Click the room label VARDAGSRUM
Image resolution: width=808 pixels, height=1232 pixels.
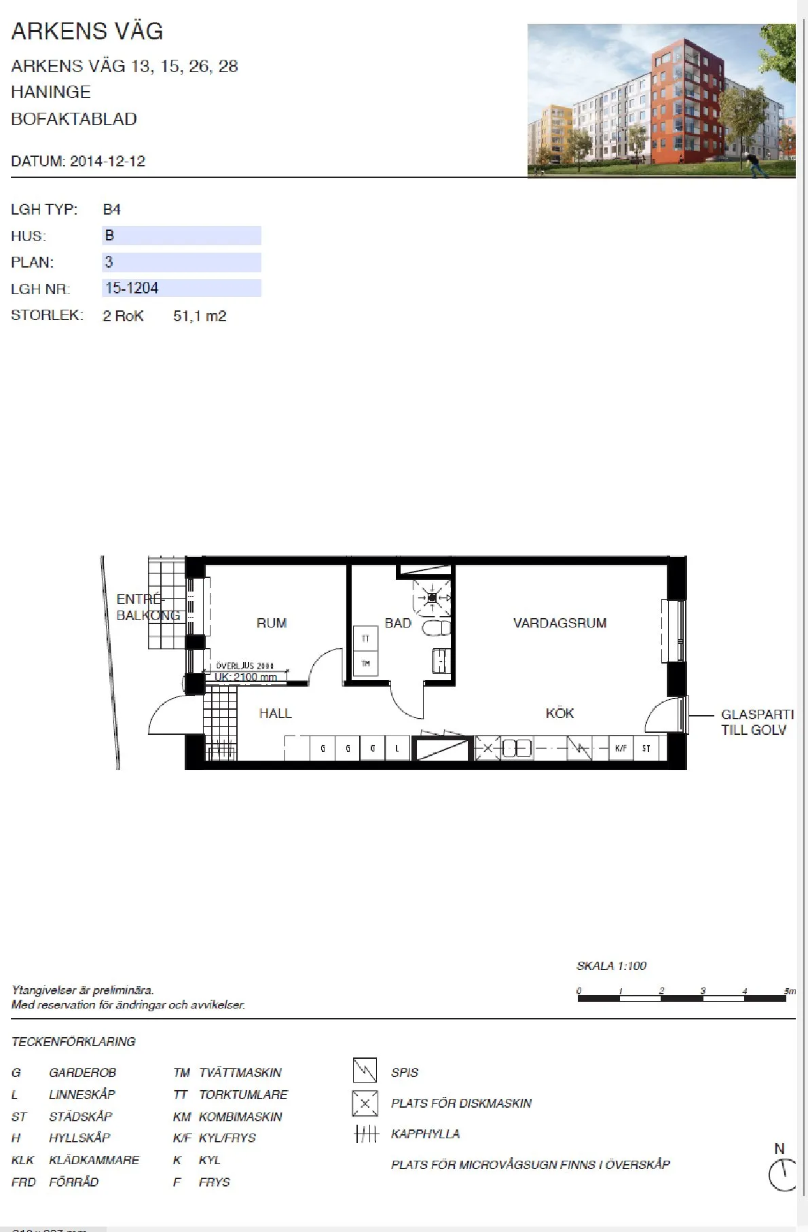point(559,623)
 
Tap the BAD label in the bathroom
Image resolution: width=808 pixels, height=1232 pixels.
point(398,623)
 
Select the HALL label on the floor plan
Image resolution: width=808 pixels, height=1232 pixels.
point(275,713)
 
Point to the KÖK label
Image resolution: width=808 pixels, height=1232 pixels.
point(559,713)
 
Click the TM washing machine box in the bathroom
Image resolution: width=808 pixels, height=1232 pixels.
point(365,664)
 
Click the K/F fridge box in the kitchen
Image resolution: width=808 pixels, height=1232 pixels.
point(621,748)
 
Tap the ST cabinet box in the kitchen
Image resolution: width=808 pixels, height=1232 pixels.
point(646,748)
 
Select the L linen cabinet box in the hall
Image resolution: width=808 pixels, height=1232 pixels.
point(397,748)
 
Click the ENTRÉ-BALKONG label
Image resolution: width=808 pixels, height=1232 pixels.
point(147,607)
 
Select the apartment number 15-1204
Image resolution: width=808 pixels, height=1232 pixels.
point(132,288)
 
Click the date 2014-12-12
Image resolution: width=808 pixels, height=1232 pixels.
point(107,161)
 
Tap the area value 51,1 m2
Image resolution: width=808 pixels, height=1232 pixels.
point(200,316)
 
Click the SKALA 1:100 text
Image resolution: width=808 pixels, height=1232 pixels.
point(611,966)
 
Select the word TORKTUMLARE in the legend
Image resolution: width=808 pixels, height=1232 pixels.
point(243,1095)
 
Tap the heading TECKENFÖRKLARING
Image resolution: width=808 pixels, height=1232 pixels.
point(73,1041)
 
